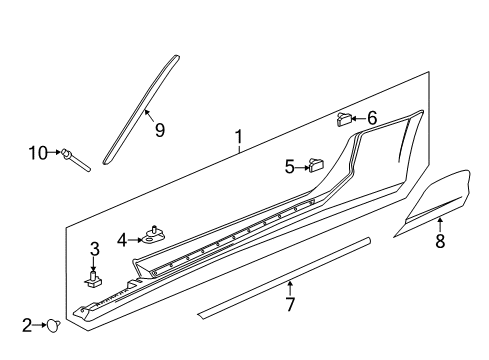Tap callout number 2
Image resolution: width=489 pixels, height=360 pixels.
click(x=27, y=323)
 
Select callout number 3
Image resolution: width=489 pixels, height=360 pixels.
click(x=95, y=249)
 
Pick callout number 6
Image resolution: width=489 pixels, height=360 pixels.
click(x=372, y=119)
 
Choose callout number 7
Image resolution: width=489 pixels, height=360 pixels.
click(x=290, y=304)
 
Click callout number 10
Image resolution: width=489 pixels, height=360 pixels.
click(x=37, y=153)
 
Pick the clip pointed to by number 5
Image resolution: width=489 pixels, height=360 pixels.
click(x=319, y=165)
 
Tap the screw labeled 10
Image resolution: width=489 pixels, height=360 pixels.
click(x=75, y=158)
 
